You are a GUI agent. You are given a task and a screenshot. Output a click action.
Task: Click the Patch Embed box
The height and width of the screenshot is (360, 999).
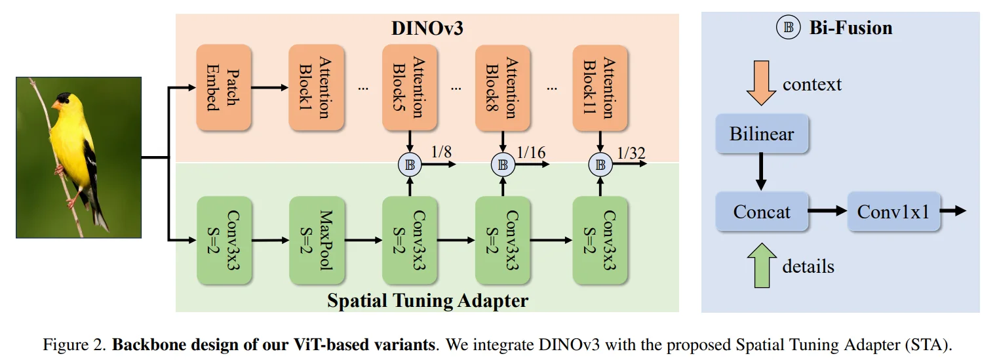pyautogui.click(x=223, y=87)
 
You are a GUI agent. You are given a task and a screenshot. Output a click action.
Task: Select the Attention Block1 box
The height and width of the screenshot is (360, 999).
pyautogui.click(x=316, y=87)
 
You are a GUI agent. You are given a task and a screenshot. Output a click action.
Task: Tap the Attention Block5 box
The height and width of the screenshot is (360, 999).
pyautogui.click(x=409, y=87)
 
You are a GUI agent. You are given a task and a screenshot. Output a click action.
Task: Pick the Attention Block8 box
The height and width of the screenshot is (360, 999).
pyautogui.click(x=502, y=87)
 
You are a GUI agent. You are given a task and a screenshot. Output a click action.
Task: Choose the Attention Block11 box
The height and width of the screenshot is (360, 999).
pyautogui.click(x=600, y=87)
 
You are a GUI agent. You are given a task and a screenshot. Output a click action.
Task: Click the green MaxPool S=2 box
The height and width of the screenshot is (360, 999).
pyautogui.click(x=316, y=240)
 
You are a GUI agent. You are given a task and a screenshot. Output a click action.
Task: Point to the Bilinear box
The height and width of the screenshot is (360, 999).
pyautogui.click(x=762, y=134)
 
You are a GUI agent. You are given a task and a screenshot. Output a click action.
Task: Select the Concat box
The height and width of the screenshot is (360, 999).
pyautogui.click(x=762, y=212)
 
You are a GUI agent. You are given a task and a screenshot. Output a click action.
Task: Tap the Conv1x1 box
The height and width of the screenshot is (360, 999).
pyautogui.click(x=893, y=212)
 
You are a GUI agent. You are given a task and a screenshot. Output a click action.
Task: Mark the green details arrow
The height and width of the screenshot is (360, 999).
pyautogui.click(x=762, y=266)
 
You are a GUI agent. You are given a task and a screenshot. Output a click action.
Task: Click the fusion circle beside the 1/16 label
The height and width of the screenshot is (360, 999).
pyautogui.click(x=503, y=165)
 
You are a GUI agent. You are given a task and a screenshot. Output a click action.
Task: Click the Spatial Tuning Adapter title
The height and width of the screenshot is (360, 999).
pyautogui.click(x=427, y=301)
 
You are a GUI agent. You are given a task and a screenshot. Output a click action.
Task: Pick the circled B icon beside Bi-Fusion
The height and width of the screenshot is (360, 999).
pyautogui.click(x=788, y=28)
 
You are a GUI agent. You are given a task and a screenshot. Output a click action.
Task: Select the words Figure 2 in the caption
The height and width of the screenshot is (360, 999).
pyautogui.click(x=70, y=344)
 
